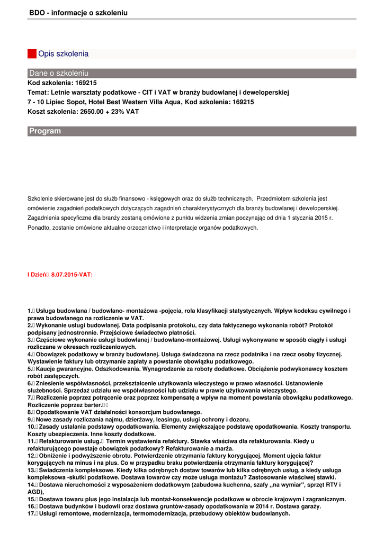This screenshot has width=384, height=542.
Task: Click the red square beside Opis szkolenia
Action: [32, 54]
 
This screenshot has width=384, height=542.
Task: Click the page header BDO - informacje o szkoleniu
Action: [78, 12]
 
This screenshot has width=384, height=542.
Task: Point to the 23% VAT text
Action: [127, 112]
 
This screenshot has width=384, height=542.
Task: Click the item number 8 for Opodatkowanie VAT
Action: [30, 412]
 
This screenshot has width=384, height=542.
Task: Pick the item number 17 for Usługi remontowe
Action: [31, 513]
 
